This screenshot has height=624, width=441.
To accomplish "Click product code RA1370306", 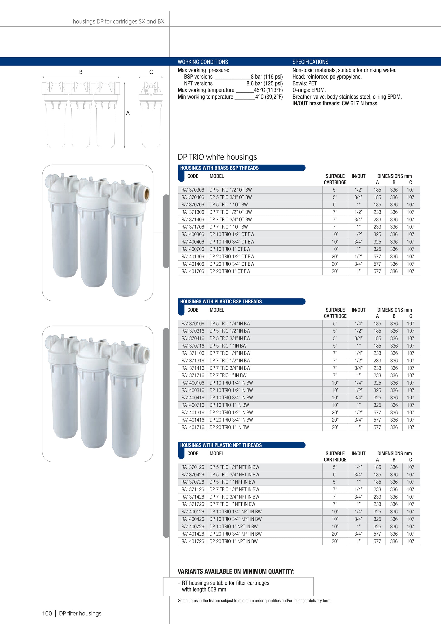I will (193, 190).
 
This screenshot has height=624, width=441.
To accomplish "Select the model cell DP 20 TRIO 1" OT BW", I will (230, 271).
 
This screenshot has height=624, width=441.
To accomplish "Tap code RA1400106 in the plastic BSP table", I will (193, 383).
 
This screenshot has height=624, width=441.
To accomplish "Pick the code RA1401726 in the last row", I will (193, 541).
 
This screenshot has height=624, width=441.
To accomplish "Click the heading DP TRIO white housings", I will (217, 157).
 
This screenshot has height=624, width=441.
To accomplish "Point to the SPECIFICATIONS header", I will (310, 62).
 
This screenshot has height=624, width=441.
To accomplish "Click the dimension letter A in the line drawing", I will (128, 113).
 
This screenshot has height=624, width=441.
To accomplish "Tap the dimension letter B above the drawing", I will (81, 72).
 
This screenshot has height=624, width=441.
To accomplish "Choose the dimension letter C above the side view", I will (151, 72).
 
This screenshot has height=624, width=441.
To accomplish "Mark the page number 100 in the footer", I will (47, 613).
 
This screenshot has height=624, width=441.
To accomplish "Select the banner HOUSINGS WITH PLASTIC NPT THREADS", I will (221, 445).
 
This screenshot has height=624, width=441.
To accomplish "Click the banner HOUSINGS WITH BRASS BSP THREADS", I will (219, 168).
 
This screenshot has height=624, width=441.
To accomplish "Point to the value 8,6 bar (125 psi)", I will (264, 83).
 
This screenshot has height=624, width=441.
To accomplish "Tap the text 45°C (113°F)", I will (268, 90).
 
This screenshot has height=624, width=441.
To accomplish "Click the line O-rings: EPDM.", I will (309, 90).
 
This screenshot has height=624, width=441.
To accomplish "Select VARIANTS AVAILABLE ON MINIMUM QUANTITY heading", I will (236, 571).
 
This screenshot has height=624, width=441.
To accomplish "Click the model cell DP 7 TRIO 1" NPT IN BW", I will (232, 504).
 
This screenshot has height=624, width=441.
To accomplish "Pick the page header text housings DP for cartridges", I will (119, 22).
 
